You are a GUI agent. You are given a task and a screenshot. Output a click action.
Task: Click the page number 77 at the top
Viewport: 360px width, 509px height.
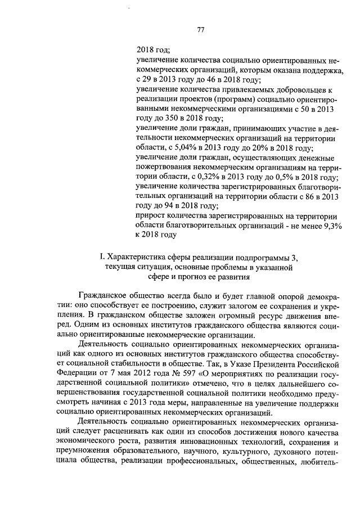[x=200, y=30]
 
